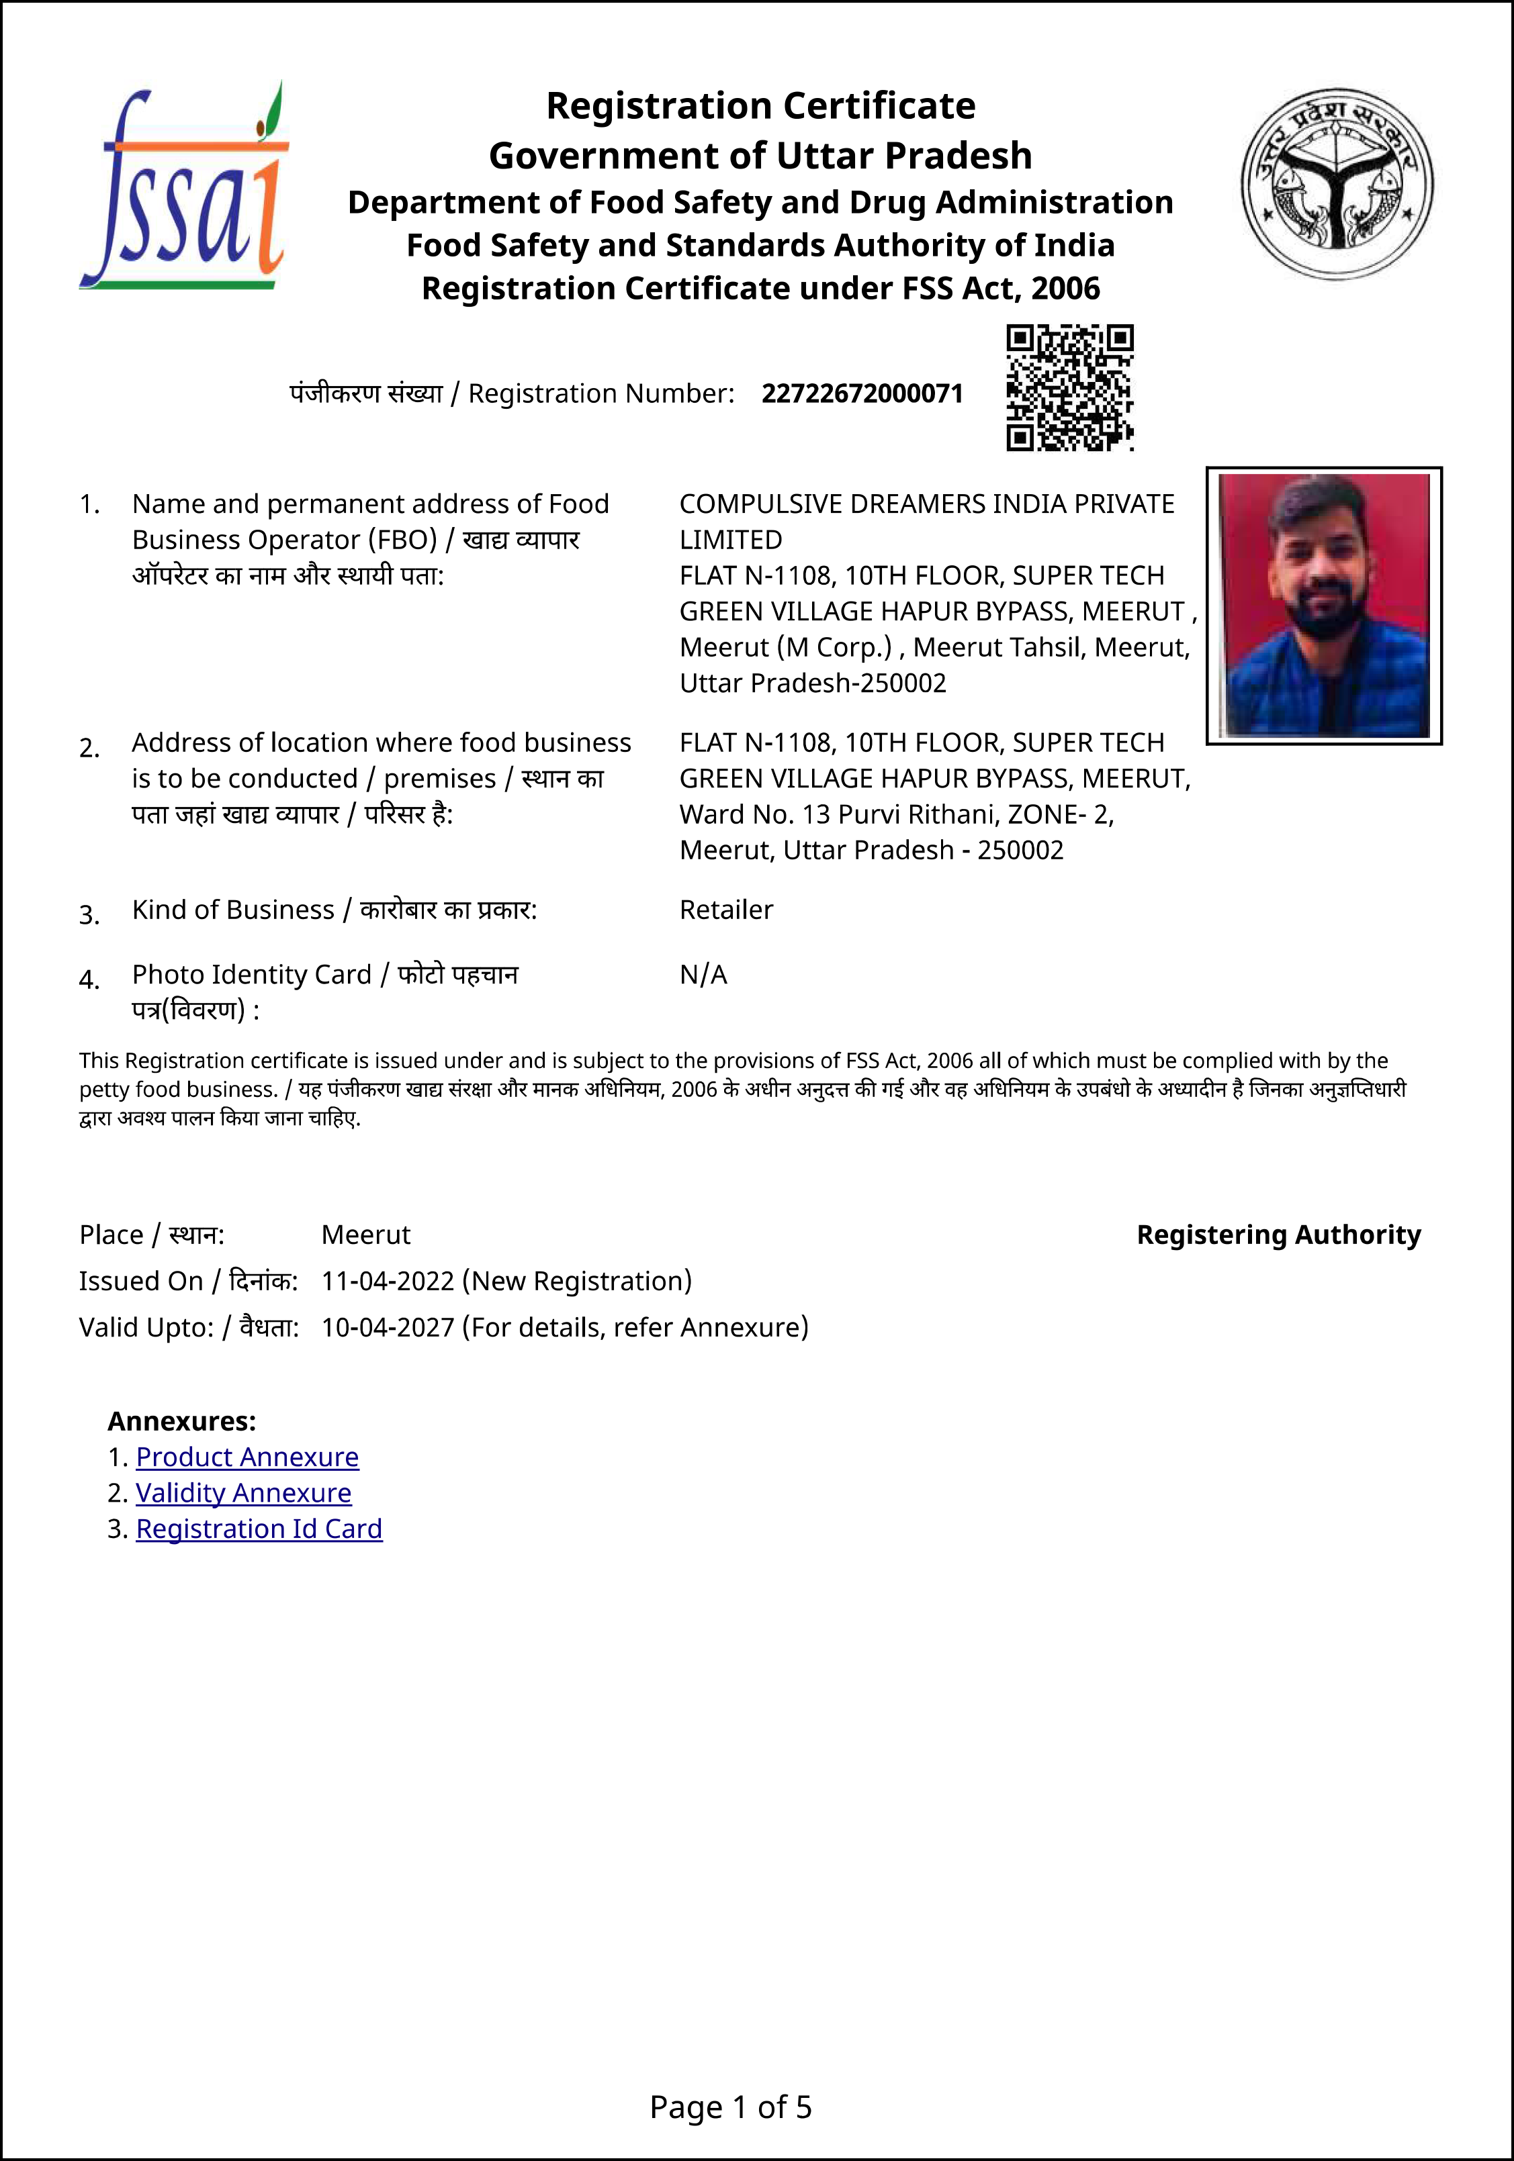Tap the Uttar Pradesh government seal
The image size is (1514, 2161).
1337,183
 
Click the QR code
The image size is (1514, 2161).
1069,388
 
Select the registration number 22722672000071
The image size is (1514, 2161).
862,393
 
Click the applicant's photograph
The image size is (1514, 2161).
1324,605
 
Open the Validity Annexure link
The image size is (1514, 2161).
243,1493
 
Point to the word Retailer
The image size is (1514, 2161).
726,910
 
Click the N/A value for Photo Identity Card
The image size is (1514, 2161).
703,975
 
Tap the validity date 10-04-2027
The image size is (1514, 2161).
388,1327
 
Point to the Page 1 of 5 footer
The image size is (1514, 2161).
731,2107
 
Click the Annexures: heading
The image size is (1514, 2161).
182,1421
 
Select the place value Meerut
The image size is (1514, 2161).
365,1235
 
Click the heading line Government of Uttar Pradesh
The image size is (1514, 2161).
760,155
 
